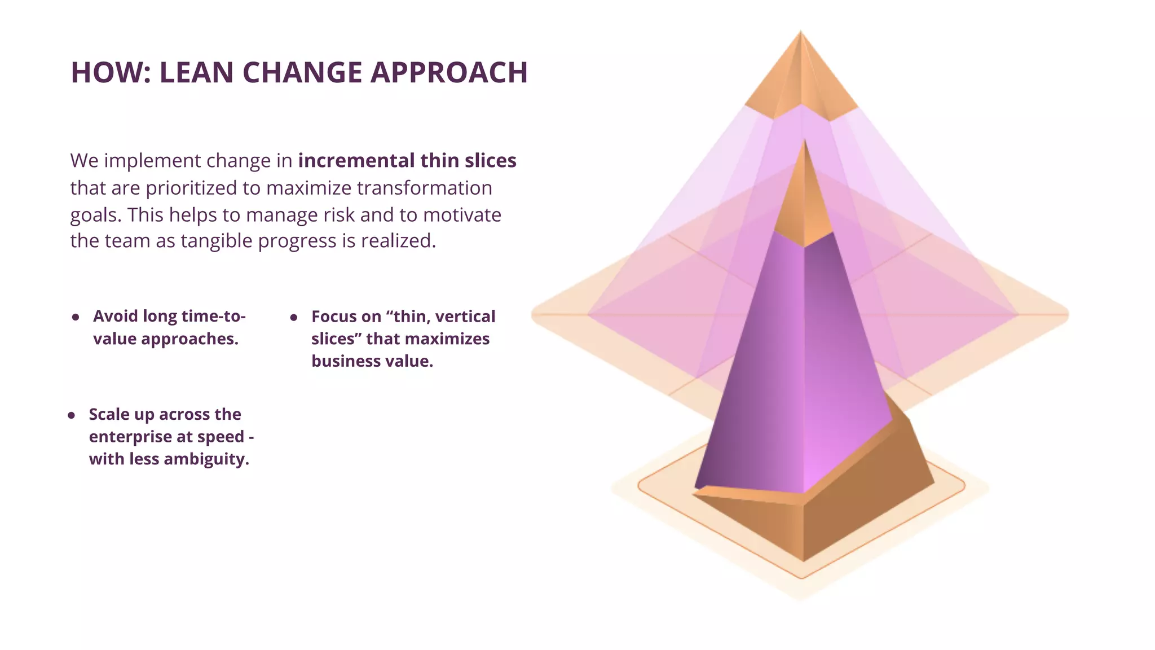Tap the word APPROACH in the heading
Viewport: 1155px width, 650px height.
449,73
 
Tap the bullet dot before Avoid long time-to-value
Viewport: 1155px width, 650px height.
76,317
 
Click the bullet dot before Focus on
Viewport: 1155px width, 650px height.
294,318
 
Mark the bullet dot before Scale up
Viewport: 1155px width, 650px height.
72,416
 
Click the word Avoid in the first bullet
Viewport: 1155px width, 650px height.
116,316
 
